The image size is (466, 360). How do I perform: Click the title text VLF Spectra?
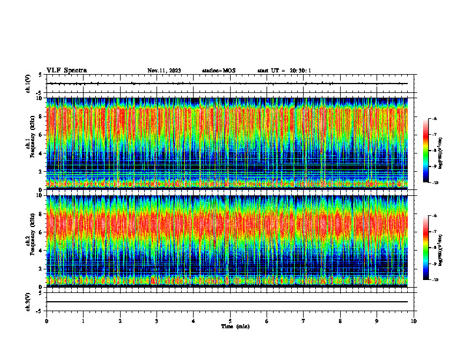click(66, 71)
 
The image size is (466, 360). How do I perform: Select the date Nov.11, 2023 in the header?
click(164, 71)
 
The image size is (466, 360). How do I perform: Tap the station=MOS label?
click(218, 71)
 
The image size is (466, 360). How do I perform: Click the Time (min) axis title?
click(235, 326)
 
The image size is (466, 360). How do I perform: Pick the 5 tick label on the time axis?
click(230, 321)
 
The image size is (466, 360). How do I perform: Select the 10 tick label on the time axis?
click(414, 321)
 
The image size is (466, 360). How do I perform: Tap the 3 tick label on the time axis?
click(157, 321)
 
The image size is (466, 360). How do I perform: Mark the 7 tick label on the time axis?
click(304, 321)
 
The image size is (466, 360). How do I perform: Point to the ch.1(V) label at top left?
click(28, 84)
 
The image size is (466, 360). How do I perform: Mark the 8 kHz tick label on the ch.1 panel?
click(40, 116)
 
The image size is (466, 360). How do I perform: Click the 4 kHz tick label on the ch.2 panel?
click(40, 251)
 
